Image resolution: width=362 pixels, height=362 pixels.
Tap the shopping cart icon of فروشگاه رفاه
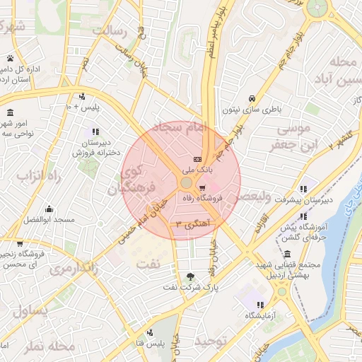(x=203, y=189)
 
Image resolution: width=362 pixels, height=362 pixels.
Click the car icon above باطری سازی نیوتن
(x=252, y=98)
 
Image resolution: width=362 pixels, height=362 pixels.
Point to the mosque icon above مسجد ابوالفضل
(x=49, y=209)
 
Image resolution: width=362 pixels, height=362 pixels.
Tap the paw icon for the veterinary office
(x=11, y=58)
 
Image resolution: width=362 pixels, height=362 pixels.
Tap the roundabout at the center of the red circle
(x=185, y=183)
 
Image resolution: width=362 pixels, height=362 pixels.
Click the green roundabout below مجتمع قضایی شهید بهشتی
(x=281, y=291)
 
